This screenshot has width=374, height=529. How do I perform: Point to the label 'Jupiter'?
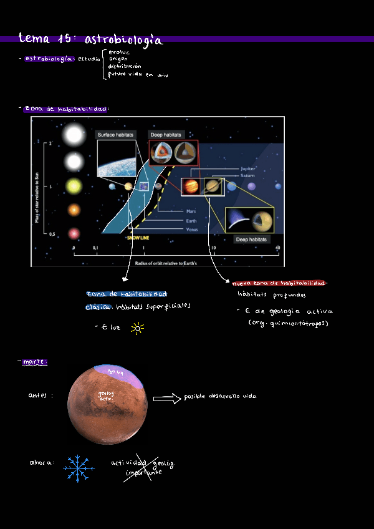tap(247, 168)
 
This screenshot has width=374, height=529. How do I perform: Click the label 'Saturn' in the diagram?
tap(247, 176)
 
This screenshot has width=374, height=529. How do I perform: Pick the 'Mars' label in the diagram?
tap(191, 211)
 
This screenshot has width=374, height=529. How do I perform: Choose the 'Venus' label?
tap(192, 229)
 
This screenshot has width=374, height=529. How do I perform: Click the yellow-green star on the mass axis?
tap(74, 186)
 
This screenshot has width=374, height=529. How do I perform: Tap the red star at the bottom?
tap(74, 233)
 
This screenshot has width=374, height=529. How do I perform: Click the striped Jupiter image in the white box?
tap(191, 187)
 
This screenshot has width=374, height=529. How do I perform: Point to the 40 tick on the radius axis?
tap(277, 248)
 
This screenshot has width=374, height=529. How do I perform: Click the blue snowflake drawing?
tap(79, 469)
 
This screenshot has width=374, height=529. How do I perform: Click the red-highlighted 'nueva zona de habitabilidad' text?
tap(279, 283)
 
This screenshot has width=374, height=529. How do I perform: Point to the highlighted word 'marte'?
tap(34, 362)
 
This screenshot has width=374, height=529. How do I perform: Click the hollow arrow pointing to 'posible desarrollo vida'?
tap(166, 398)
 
